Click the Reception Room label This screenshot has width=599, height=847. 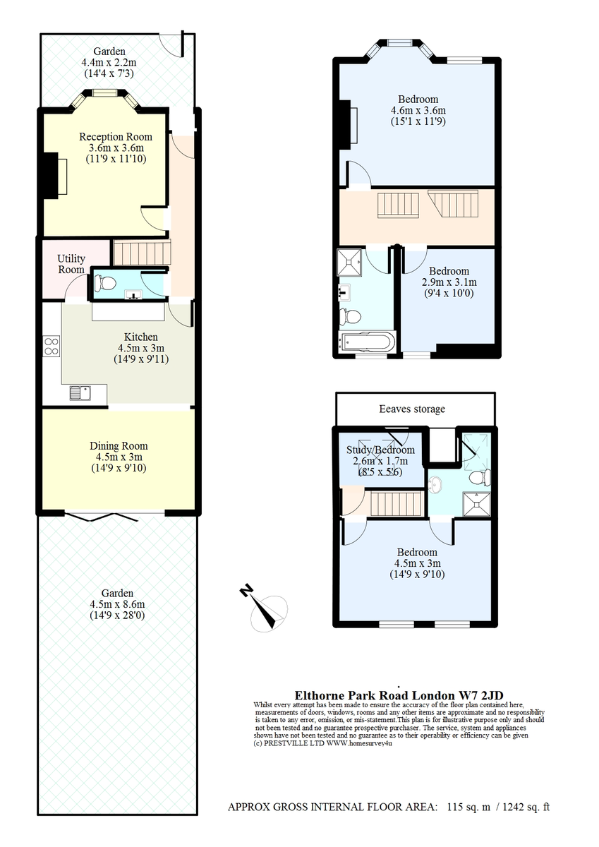pos(116,137)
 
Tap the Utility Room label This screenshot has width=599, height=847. pos(71,264)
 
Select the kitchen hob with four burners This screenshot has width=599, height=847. pos(52,346)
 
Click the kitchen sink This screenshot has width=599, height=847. pos(80,393)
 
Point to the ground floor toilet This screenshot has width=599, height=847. pos(105,283)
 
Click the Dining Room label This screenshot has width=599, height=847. pos(119,446)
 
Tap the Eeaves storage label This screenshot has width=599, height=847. pos(412,409)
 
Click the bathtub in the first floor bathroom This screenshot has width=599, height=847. pos(368,342)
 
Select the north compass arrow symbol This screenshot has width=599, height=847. pos(264,608)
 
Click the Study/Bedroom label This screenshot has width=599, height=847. pos(380,450)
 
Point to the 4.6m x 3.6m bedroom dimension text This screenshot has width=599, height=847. pos(418,110)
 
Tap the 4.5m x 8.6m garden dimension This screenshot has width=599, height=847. pos(117,604)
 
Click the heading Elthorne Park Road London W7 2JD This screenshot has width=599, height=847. pos(399,695)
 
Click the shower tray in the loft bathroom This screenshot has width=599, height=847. pos(477,504)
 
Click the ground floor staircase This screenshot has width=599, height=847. pos(142,253)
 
